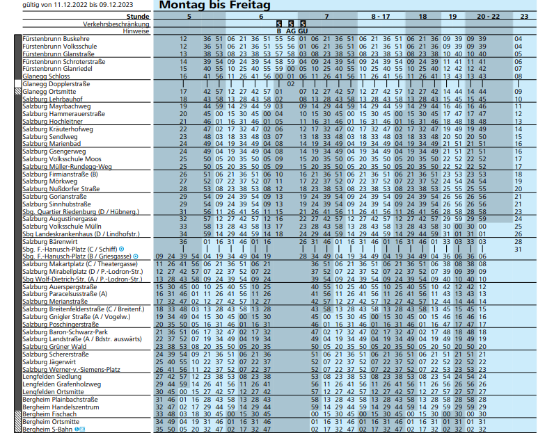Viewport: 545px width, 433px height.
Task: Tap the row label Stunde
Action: click(139, 16)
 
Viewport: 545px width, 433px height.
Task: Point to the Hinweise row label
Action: click(136, 31)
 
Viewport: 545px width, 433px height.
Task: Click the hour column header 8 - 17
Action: click(380, 16)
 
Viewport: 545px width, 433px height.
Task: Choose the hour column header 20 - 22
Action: click(488, 16)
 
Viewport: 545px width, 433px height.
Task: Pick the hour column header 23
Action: click(523, 16)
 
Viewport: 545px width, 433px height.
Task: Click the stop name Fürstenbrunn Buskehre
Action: click(56, 38)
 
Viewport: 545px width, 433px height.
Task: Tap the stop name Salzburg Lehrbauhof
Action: click(53, 99)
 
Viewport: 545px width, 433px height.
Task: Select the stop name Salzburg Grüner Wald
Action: click(54, 346)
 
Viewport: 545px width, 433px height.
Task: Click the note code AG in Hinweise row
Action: click(290, 31)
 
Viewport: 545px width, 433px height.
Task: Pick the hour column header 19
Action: click(452, 16)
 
